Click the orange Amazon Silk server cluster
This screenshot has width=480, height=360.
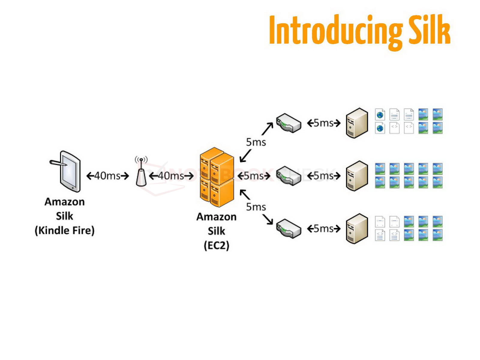217,177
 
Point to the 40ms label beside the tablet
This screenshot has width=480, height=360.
107,176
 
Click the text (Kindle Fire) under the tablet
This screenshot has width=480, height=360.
64,230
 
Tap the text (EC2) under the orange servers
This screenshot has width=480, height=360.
216,245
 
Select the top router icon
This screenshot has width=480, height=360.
289,123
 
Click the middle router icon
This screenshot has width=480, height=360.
289,176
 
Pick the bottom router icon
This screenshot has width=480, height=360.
289,229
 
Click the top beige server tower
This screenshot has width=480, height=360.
357,123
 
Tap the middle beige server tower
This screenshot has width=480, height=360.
357,176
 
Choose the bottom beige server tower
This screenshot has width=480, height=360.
357,229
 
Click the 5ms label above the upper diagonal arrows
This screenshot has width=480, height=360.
256,142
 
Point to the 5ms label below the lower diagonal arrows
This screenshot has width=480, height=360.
256,207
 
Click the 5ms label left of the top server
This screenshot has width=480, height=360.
324,123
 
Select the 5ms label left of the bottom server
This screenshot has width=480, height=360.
324,229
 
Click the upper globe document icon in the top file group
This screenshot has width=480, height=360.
380,115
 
